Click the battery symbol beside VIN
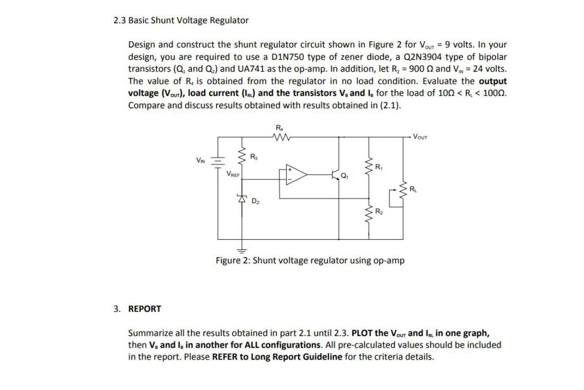coord(218,161)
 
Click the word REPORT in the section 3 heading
coord(145,309)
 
